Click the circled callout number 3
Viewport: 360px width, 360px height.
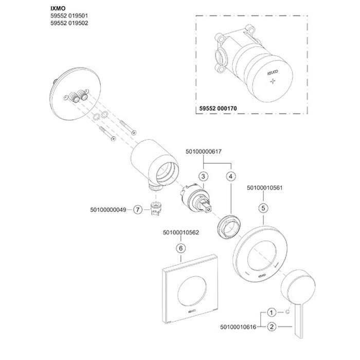coord(203,176)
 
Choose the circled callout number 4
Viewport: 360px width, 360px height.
coord(230,176)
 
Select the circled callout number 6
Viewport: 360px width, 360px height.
coord(180,248)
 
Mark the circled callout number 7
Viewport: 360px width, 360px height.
coord(137,209)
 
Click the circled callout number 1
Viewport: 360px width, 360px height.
coord(272,312)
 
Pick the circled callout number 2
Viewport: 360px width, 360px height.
coord(272,326)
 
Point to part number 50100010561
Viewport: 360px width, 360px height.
coord(263,187)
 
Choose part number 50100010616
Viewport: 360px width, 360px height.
coord(238,326)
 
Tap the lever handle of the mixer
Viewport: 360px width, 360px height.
coord(297,298)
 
